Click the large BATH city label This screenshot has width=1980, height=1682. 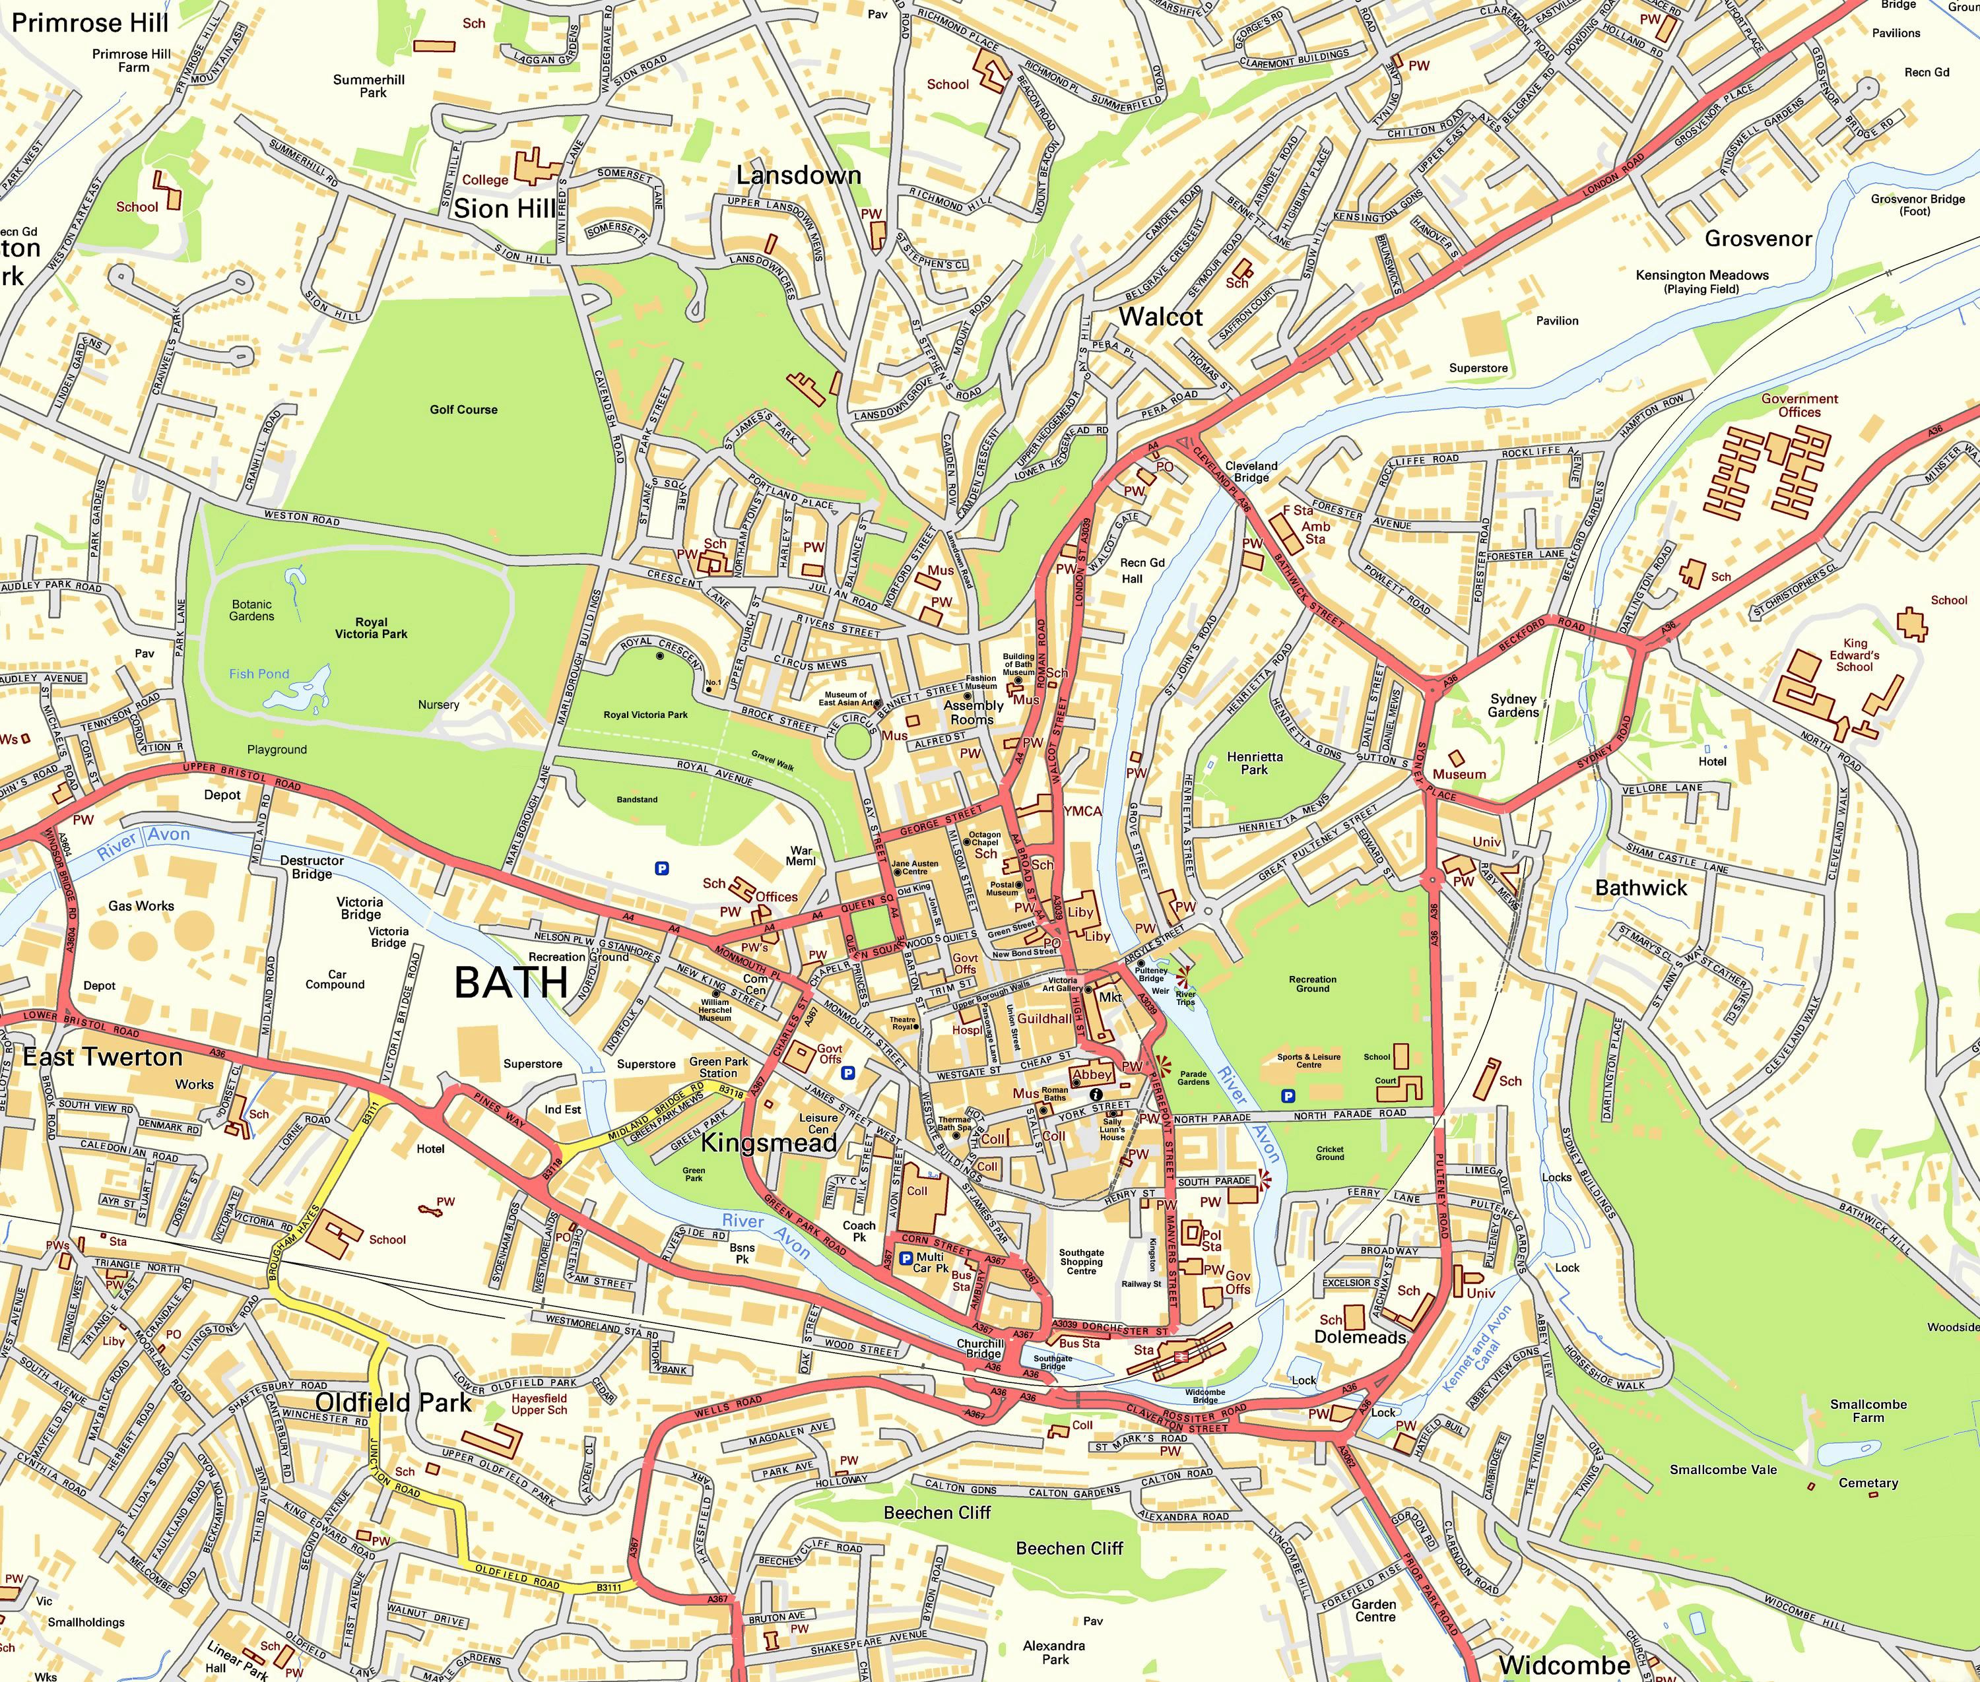[x=511, y=982]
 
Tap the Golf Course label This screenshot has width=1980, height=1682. [x=463, y=409]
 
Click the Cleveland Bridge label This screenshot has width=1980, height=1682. [x=1251, y=471]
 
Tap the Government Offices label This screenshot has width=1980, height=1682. [x=1798, y=405]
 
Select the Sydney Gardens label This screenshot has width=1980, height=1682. [x=1513, y=705]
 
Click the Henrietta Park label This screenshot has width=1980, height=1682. [x=1254, y=763]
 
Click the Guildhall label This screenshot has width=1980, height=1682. [x=1043, y=1018]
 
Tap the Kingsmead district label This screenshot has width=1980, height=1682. [x=769, y=1142]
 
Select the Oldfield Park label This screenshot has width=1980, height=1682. [x=393, y=1402]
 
